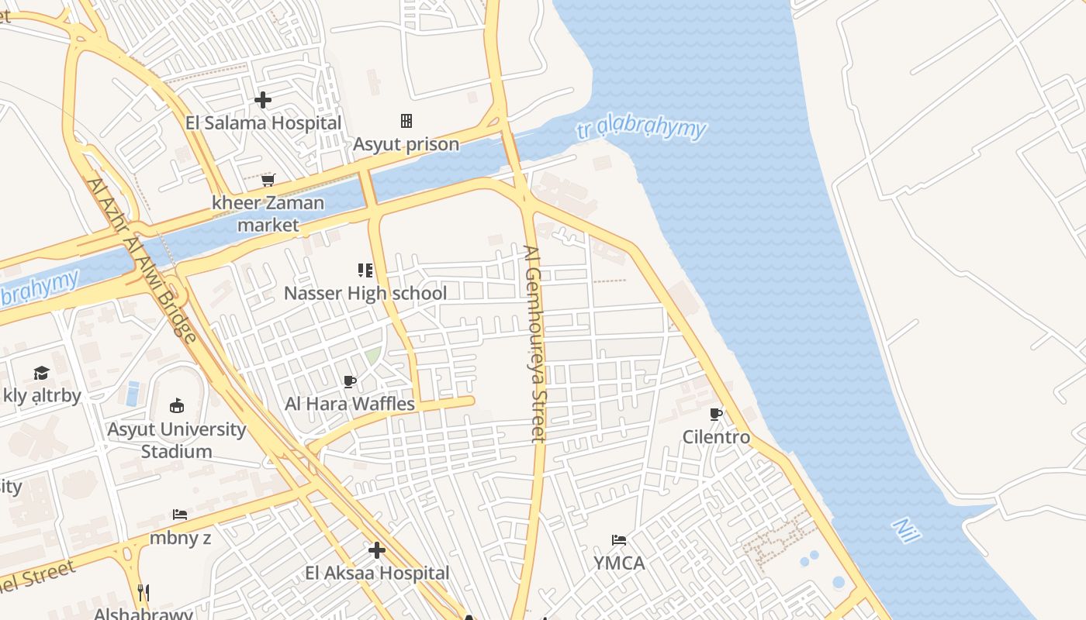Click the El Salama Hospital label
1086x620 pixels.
pyautogui.click(x=263, y=122)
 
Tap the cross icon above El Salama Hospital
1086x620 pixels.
pyautogui.click(x=263, y=100)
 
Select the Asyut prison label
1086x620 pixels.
pyautogui.click(x=406, y=144)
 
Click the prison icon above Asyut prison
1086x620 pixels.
pyautogui.click(x=406, y=121)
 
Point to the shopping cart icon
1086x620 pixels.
pyautogui.click(x=268, y=180)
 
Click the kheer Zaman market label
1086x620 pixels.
pyautogui.click(x=268, y=214)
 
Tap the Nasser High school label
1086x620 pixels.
pyautogui.click(x=365, y=293)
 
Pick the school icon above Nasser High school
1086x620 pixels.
pyautogui.click(x=365, y=270)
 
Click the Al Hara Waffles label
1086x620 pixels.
pyautogui.click(x=350, y=404)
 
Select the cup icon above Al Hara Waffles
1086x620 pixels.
pyautogui.click(x=350, y=381)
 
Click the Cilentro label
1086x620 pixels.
pyautogui.click(x=716, y=437)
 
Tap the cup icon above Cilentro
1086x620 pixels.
pyautogui.click(x=716, y=415)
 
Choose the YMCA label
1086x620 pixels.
pyautogui.click(x=619, y=563)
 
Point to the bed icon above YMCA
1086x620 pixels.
pyautogui.click(x=619, y=539)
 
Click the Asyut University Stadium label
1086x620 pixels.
pyautogui.click(x=177, y=440)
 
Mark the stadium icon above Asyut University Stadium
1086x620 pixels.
pyautogui.click(x=177, y=405)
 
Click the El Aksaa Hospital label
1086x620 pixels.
pyautogui.click(x=377, y=573)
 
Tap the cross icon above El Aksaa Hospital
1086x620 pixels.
pyautogui.click(x=377, y=550)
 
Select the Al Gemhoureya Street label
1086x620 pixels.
pyautogui.click(x=534, y=344)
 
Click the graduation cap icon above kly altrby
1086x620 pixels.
pyautogui.click(x=41, y=374)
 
